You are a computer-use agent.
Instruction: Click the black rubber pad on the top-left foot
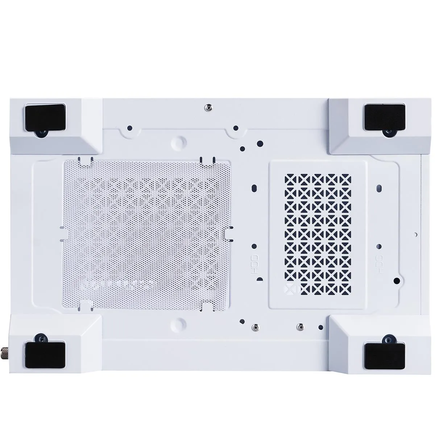(45, 117)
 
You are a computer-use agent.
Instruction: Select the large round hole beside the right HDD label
(397, 280)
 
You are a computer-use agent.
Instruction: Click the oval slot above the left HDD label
(254, 189)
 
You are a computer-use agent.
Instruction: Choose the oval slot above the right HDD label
(379, 189)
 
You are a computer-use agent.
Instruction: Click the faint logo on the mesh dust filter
(116, 285)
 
